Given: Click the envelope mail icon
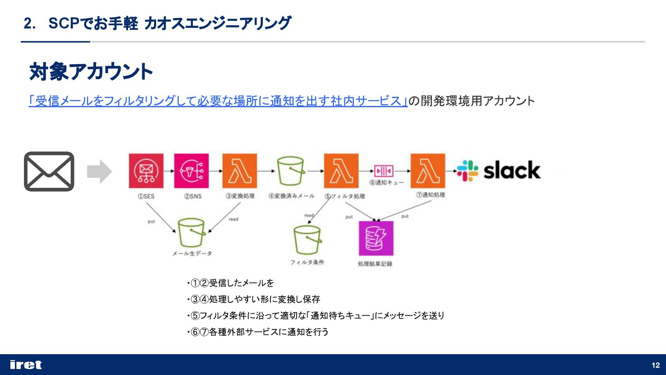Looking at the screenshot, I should click(x=49, y=171).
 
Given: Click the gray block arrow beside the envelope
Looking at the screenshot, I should click(x=99, y=171).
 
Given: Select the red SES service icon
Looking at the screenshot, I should click(x=146, y=171).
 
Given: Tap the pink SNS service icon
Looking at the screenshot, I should click(x=191, y=171).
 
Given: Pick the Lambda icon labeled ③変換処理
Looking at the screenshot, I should click(x=240, y=171).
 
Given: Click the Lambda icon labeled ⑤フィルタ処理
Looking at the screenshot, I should click(x=341, y=171).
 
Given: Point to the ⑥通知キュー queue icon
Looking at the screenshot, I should click(x=384, y=171).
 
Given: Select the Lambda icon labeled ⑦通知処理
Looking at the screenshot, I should click(x=428, y=171).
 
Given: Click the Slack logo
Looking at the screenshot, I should click(x=499, y=170).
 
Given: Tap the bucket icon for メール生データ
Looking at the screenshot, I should click(x=191, y=233).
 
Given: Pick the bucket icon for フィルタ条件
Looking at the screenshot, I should click(x=307, y=240).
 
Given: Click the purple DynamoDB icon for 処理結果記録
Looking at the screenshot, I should click(x=376, y=238).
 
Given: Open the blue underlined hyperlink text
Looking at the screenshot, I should click(x=218, y=101).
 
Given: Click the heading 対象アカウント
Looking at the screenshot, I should click(x=91, y=72).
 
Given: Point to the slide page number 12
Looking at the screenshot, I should click(x=656, y=365).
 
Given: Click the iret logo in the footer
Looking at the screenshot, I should click(x=26, y=365).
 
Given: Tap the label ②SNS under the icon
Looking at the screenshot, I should click(x=193, y=196).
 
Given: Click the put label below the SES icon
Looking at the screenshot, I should click(x=152, y=222).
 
